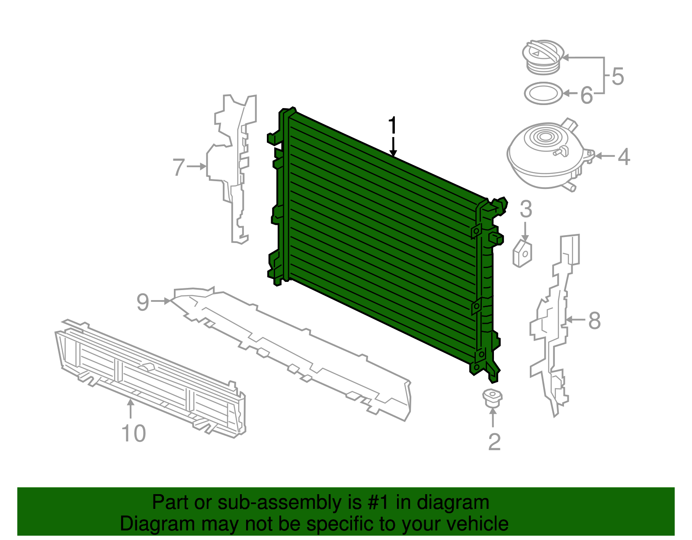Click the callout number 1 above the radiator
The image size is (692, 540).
click(x=392, y=126)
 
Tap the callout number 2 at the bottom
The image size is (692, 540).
click(x=494, y=441)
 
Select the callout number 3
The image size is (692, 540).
click(x=525, y=210)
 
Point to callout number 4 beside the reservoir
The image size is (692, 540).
click(x=623, y=157)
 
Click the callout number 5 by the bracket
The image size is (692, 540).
click(x=618, y=77)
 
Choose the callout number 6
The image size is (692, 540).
click(x=586, y=95)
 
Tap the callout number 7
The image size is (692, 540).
click(x=179, y=167)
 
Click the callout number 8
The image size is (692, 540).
click(x=595, y=321)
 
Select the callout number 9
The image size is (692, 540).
click(x=143, y=302)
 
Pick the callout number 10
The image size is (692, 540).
click(x=134, y=433)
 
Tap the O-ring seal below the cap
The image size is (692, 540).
click(x=543, y=93)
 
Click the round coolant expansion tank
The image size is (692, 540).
click(x=547, y=156)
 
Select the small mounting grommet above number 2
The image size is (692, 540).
click(x=492, y=397)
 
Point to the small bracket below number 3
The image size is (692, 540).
click(x=522, y=254)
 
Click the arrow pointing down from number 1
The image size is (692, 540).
click(x=393, y=147)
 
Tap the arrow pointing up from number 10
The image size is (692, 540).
click(x=130, y=409)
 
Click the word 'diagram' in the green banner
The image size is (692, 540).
click(x=453, y=502)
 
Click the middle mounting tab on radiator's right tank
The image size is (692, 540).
click(x=476, y=306)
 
